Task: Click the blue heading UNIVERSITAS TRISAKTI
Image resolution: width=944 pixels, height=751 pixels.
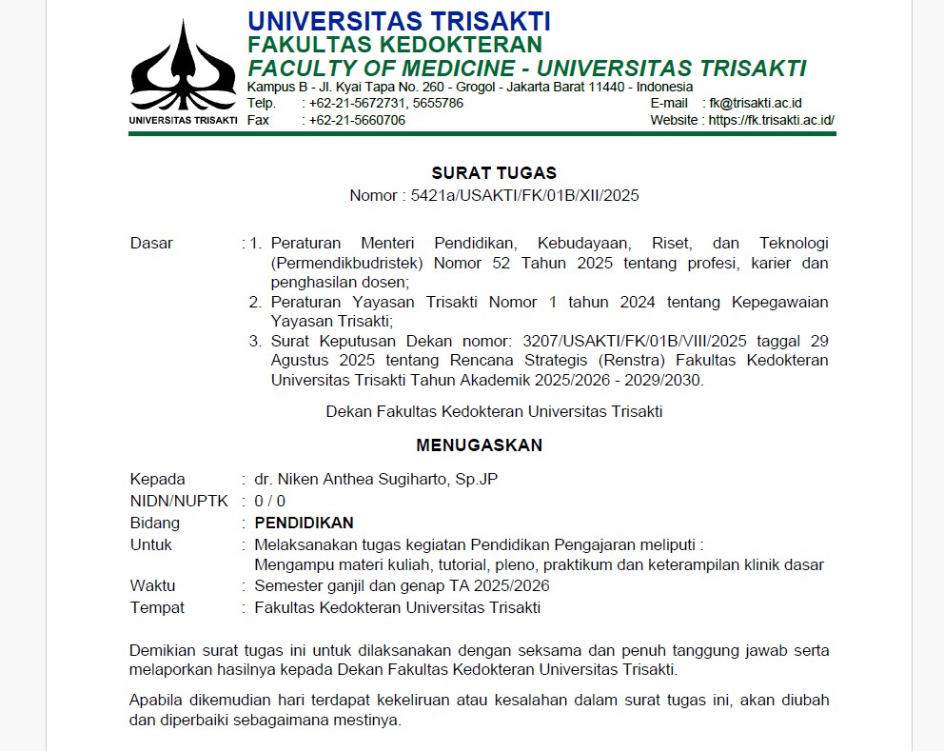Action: click(x=399, y=21)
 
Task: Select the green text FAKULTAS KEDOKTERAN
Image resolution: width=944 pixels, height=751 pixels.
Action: click(x=394, y=45)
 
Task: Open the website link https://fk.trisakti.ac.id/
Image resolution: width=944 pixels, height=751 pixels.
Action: click(x=771, y=120)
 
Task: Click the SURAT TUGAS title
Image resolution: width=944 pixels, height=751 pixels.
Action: click(x=494, y=172)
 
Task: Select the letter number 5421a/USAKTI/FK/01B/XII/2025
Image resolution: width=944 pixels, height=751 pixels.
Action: click(x=524, y=195)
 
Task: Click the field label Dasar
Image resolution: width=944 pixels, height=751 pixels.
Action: click(x=151, y=243)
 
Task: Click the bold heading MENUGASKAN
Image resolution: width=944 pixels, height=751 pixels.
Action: click(x=479, y=445)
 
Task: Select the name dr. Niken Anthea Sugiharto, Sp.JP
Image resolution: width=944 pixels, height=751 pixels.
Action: click(x=376, y=479)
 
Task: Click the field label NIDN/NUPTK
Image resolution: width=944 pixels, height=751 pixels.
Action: click(x=179, y=501)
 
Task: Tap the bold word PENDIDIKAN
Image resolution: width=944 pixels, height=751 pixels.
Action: click(x=304, y=523)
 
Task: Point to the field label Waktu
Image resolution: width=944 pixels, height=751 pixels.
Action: click(x=152, y=585)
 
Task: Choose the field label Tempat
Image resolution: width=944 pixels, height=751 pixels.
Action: click(x=157, y=607)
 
